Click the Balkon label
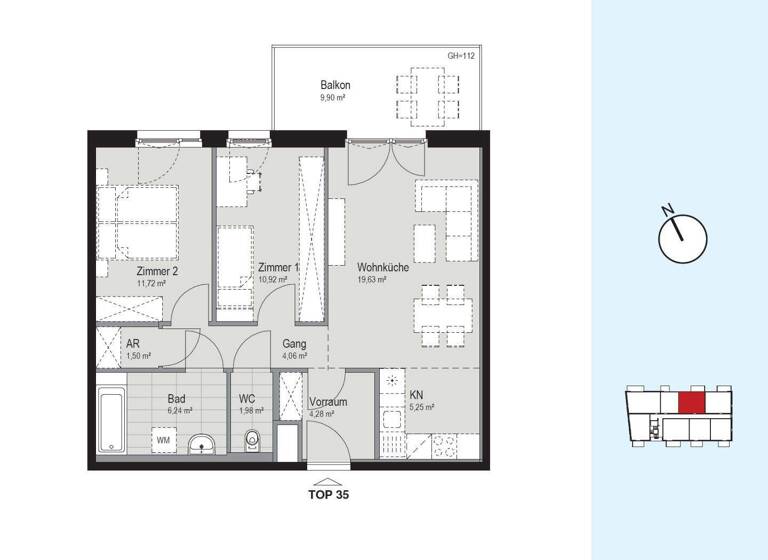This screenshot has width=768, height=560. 334,85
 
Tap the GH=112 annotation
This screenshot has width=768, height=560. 460,56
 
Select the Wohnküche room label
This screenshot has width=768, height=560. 383,267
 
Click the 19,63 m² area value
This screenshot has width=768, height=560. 372,281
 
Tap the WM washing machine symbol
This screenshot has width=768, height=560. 161,440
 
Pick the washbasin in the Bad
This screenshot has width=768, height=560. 202,442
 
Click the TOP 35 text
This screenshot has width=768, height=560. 329,494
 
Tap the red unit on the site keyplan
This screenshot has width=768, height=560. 690,403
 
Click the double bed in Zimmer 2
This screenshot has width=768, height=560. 137,221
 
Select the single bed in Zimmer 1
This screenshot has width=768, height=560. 235,265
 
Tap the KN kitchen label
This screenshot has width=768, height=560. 416,394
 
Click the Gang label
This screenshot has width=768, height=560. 294,343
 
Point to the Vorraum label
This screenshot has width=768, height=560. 328,401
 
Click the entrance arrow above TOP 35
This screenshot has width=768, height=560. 328,479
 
